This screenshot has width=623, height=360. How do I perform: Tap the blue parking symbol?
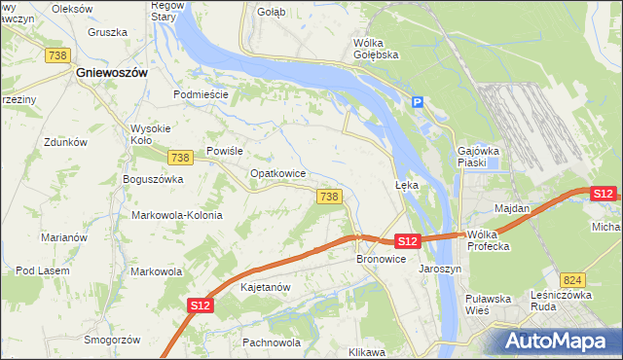[418, 102]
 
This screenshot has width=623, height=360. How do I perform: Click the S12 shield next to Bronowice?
[407, 240]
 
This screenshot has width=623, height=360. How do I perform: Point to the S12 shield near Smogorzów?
[200, 306]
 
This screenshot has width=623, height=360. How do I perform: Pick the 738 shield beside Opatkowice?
[328, 197]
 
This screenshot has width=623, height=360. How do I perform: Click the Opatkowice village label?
[278, 173]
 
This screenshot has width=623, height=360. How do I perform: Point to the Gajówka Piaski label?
[478, 157]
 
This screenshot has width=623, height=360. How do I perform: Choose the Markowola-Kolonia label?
[177, 215]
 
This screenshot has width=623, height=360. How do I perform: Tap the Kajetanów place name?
[266, 288]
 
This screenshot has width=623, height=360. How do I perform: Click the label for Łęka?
[406, 185]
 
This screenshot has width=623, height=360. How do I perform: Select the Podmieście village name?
[201, 94]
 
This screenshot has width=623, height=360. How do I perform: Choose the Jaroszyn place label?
[439, 268]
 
